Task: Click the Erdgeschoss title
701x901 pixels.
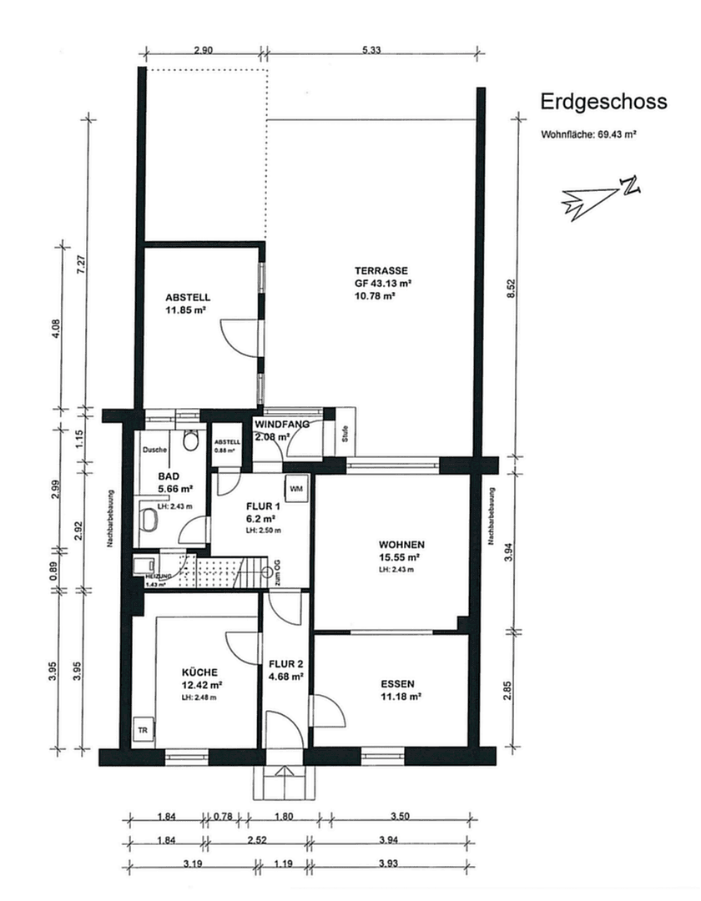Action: [603, 102]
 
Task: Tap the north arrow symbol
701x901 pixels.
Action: [601, 196]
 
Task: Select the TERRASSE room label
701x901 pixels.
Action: [380, 270]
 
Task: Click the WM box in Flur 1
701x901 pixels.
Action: [296, 487]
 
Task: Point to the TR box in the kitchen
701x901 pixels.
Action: [142, 729]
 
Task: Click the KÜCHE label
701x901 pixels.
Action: [200, 672]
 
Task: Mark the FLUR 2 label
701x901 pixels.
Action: [285, 664]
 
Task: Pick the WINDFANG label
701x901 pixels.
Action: [282, 424]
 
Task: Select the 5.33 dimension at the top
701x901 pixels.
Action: [371, 50]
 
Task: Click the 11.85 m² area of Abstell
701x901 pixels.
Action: [186, 310]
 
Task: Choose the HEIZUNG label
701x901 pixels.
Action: [157, 576]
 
